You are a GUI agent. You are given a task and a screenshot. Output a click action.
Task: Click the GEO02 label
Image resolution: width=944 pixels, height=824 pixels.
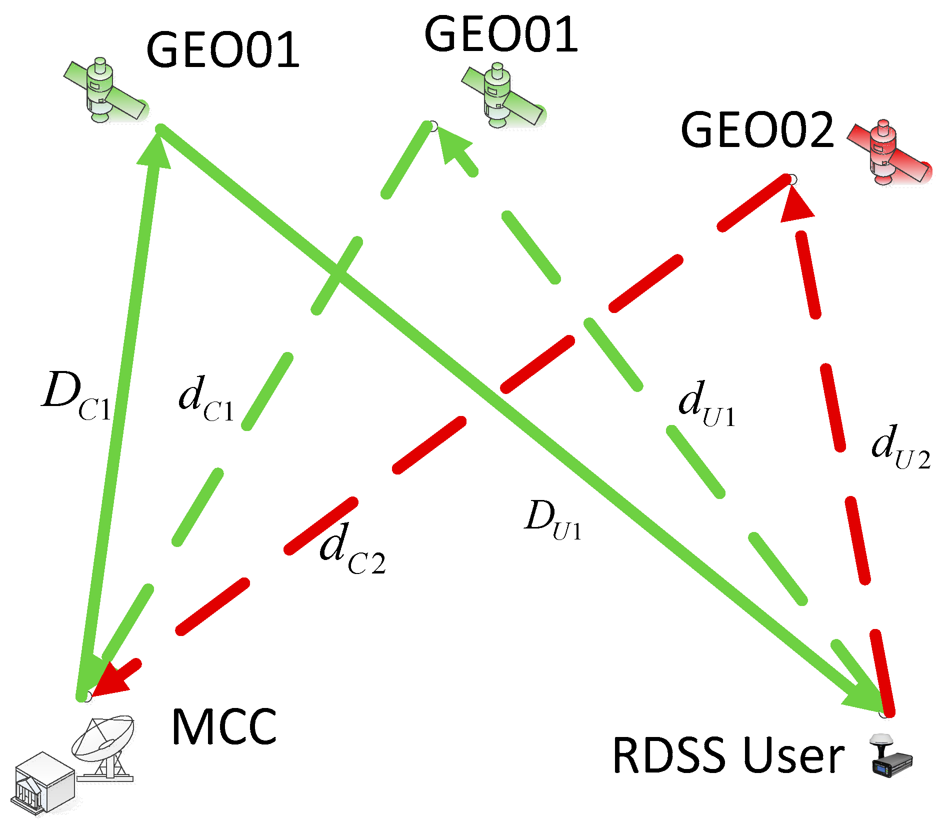[x=757, y=130]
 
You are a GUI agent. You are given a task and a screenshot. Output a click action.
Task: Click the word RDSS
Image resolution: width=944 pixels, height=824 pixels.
[x=670, y=755]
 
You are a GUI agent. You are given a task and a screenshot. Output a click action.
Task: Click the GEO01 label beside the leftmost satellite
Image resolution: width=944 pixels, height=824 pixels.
[x=223, y=50]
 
